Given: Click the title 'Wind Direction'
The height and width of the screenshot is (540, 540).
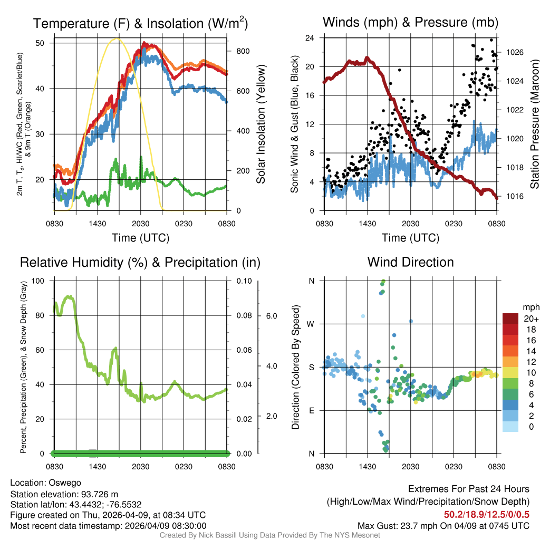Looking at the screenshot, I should (410, 262).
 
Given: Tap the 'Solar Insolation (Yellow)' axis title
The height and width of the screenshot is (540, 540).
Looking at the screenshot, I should (261, 124).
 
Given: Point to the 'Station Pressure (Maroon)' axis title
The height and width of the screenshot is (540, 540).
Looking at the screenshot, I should (534, 124).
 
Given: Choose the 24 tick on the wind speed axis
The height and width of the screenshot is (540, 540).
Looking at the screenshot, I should (311, 38).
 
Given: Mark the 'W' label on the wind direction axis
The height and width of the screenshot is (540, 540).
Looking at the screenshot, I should (311, 324).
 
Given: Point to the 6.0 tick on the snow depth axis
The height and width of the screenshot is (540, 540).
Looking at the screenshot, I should (271, 316).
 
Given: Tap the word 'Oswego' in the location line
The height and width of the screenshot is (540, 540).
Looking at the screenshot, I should (65, 482).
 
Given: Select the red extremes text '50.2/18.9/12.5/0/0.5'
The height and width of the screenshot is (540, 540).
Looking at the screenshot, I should (487, 514).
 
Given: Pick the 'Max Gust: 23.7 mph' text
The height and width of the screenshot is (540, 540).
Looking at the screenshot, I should (400, 526).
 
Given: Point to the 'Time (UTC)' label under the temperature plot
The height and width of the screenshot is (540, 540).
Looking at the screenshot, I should (140, 238).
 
